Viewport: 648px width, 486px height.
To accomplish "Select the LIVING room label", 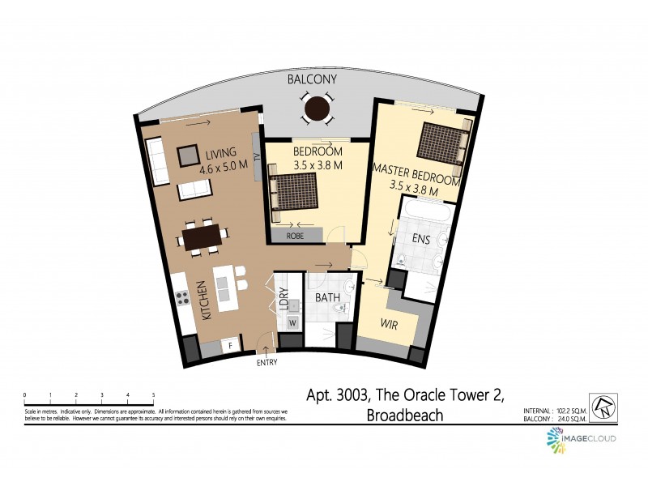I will (220, 152).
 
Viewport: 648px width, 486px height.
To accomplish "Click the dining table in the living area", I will (202, 237).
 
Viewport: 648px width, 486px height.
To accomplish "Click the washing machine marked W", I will (292, 322).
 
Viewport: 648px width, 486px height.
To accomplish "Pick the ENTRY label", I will (266, 363).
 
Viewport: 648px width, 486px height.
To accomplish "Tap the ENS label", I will (421, 239).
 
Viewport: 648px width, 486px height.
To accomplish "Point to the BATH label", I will (327, 298).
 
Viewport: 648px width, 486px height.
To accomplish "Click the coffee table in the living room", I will (189, 154).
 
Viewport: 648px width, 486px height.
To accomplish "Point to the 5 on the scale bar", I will (153, 395).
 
